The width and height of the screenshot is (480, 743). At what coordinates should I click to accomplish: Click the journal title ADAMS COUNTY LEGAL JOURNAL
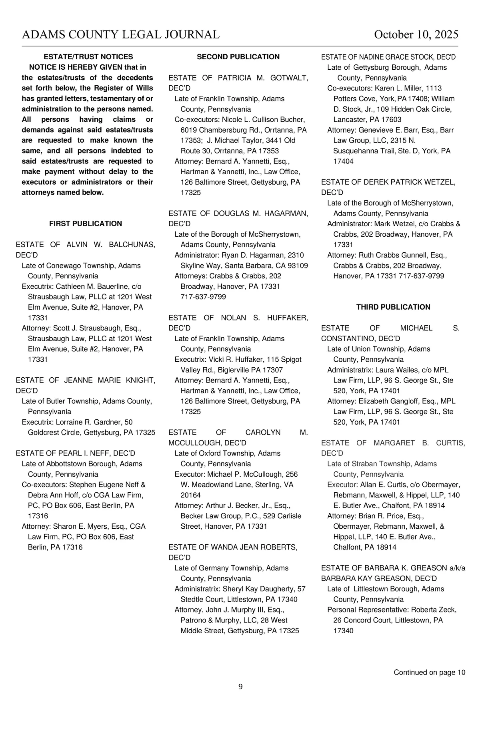click(x=120, y=35)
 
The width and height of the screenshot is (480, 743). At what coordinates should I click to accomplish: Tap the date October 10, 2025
click(x=416, y=35)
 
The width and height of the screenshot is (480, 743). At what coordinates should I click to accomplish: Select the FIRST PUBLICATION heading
click(x=86, y=224)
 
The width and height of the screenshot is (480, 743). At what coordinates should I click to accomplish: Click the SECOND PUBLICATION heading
click(x=238, y=57)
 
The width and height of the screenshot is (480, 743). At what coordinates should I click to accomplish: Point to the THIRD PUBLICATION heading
click(x=393, y=307)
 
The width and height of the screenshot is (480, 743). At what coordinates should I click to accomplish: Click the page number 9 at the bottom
click(x=240, y=687)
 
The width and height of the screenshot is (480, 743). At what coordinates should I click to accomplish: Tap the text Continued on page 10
click(x=429, y=673)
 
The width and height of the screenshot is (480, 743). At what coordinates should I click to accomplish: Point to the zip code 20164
click(x=191, y=495)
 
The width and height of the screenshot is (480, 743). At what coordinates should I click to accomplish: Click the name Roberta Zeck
click(x=434, y=610)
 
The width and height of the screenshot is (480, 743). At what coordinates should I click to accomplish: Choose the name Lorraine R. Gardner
click(x=94, y=422)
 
